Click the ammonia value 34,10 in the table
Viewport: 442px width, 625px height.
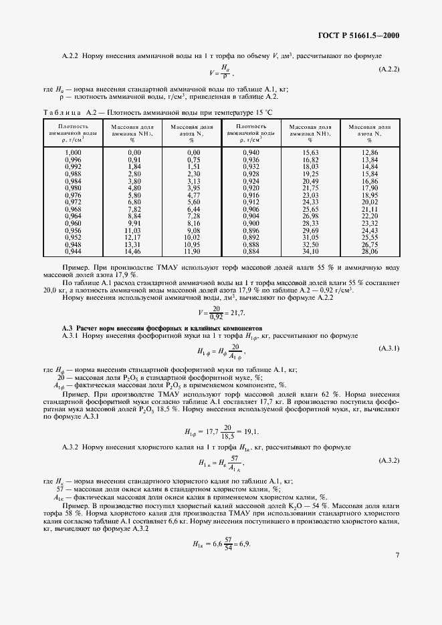[310, 252]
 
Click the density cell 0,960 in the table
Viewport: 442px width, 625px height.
[73, 223]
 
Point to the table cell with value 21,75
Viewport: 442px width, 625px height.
[310, 188]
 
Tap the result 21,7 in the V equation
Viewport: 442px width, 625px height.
[237, 312]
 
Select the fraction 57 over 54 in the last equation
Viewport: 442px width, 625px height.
[228, 545]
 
